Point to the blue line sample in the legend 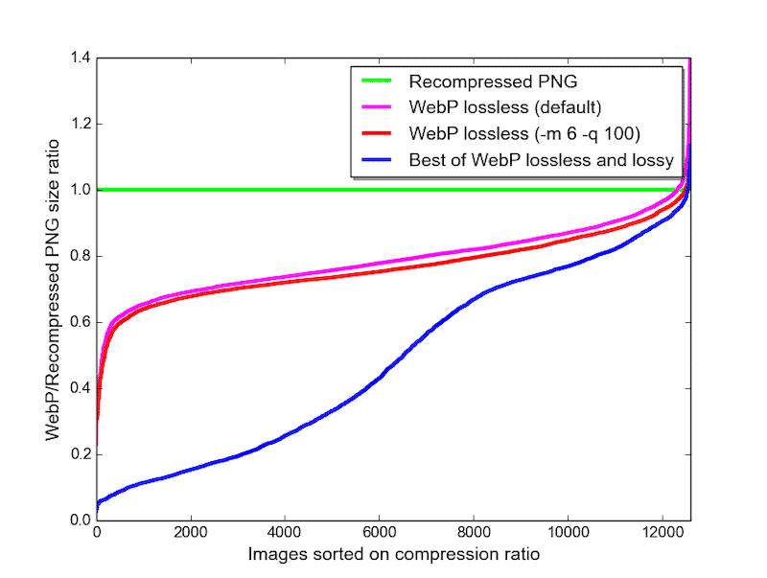[x=377, y=158]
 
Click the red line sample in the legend [x=377, y=132]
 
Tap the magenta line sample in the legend [x=377, y=106]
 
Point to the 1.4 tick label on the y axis [x=79, y=58]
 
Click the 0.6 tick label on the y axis [x=79, y=322]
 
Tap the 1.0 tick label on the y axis [x=79, y=190]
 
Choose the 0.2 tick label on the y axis [x=79, y=454]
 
